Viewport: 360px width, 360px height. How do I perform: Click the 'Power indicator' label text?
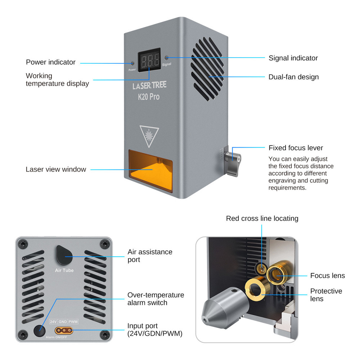(x=51, y=62)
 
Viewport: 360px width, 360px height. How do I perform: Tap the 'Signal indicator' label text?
(x=293, y=58)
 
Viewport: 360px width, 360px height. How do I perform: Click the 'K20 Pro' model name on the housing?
(x=149, y=97)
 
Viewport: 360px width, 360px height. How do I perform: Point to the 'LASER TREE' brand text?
(x=149, y=86)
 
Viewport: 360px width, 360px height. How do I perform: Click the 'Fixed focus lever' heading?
(x=296, y=148)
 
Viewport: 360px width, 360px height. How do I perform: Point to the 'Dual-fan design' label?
(x=293, y=77)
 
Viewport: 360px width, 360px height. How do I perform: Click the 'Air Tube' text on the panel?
(x=64, y=270)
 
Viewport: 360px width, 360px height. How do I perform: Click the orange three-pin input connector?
(x=64, y=330)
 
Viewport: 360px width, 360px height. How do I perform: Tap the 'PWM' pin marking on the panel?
(x=73, y=321)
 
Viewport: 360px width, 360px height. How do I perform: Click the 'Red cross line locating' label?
(x=262, y=219)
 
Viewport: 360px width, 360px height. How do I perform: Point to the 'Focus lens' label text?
(x=327, y=276)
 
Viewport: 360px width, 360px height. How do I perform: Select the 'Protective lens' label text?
(x=326, y=295)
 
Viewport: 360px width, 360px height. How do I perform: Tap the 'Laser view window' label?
(x=56, y=169)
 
